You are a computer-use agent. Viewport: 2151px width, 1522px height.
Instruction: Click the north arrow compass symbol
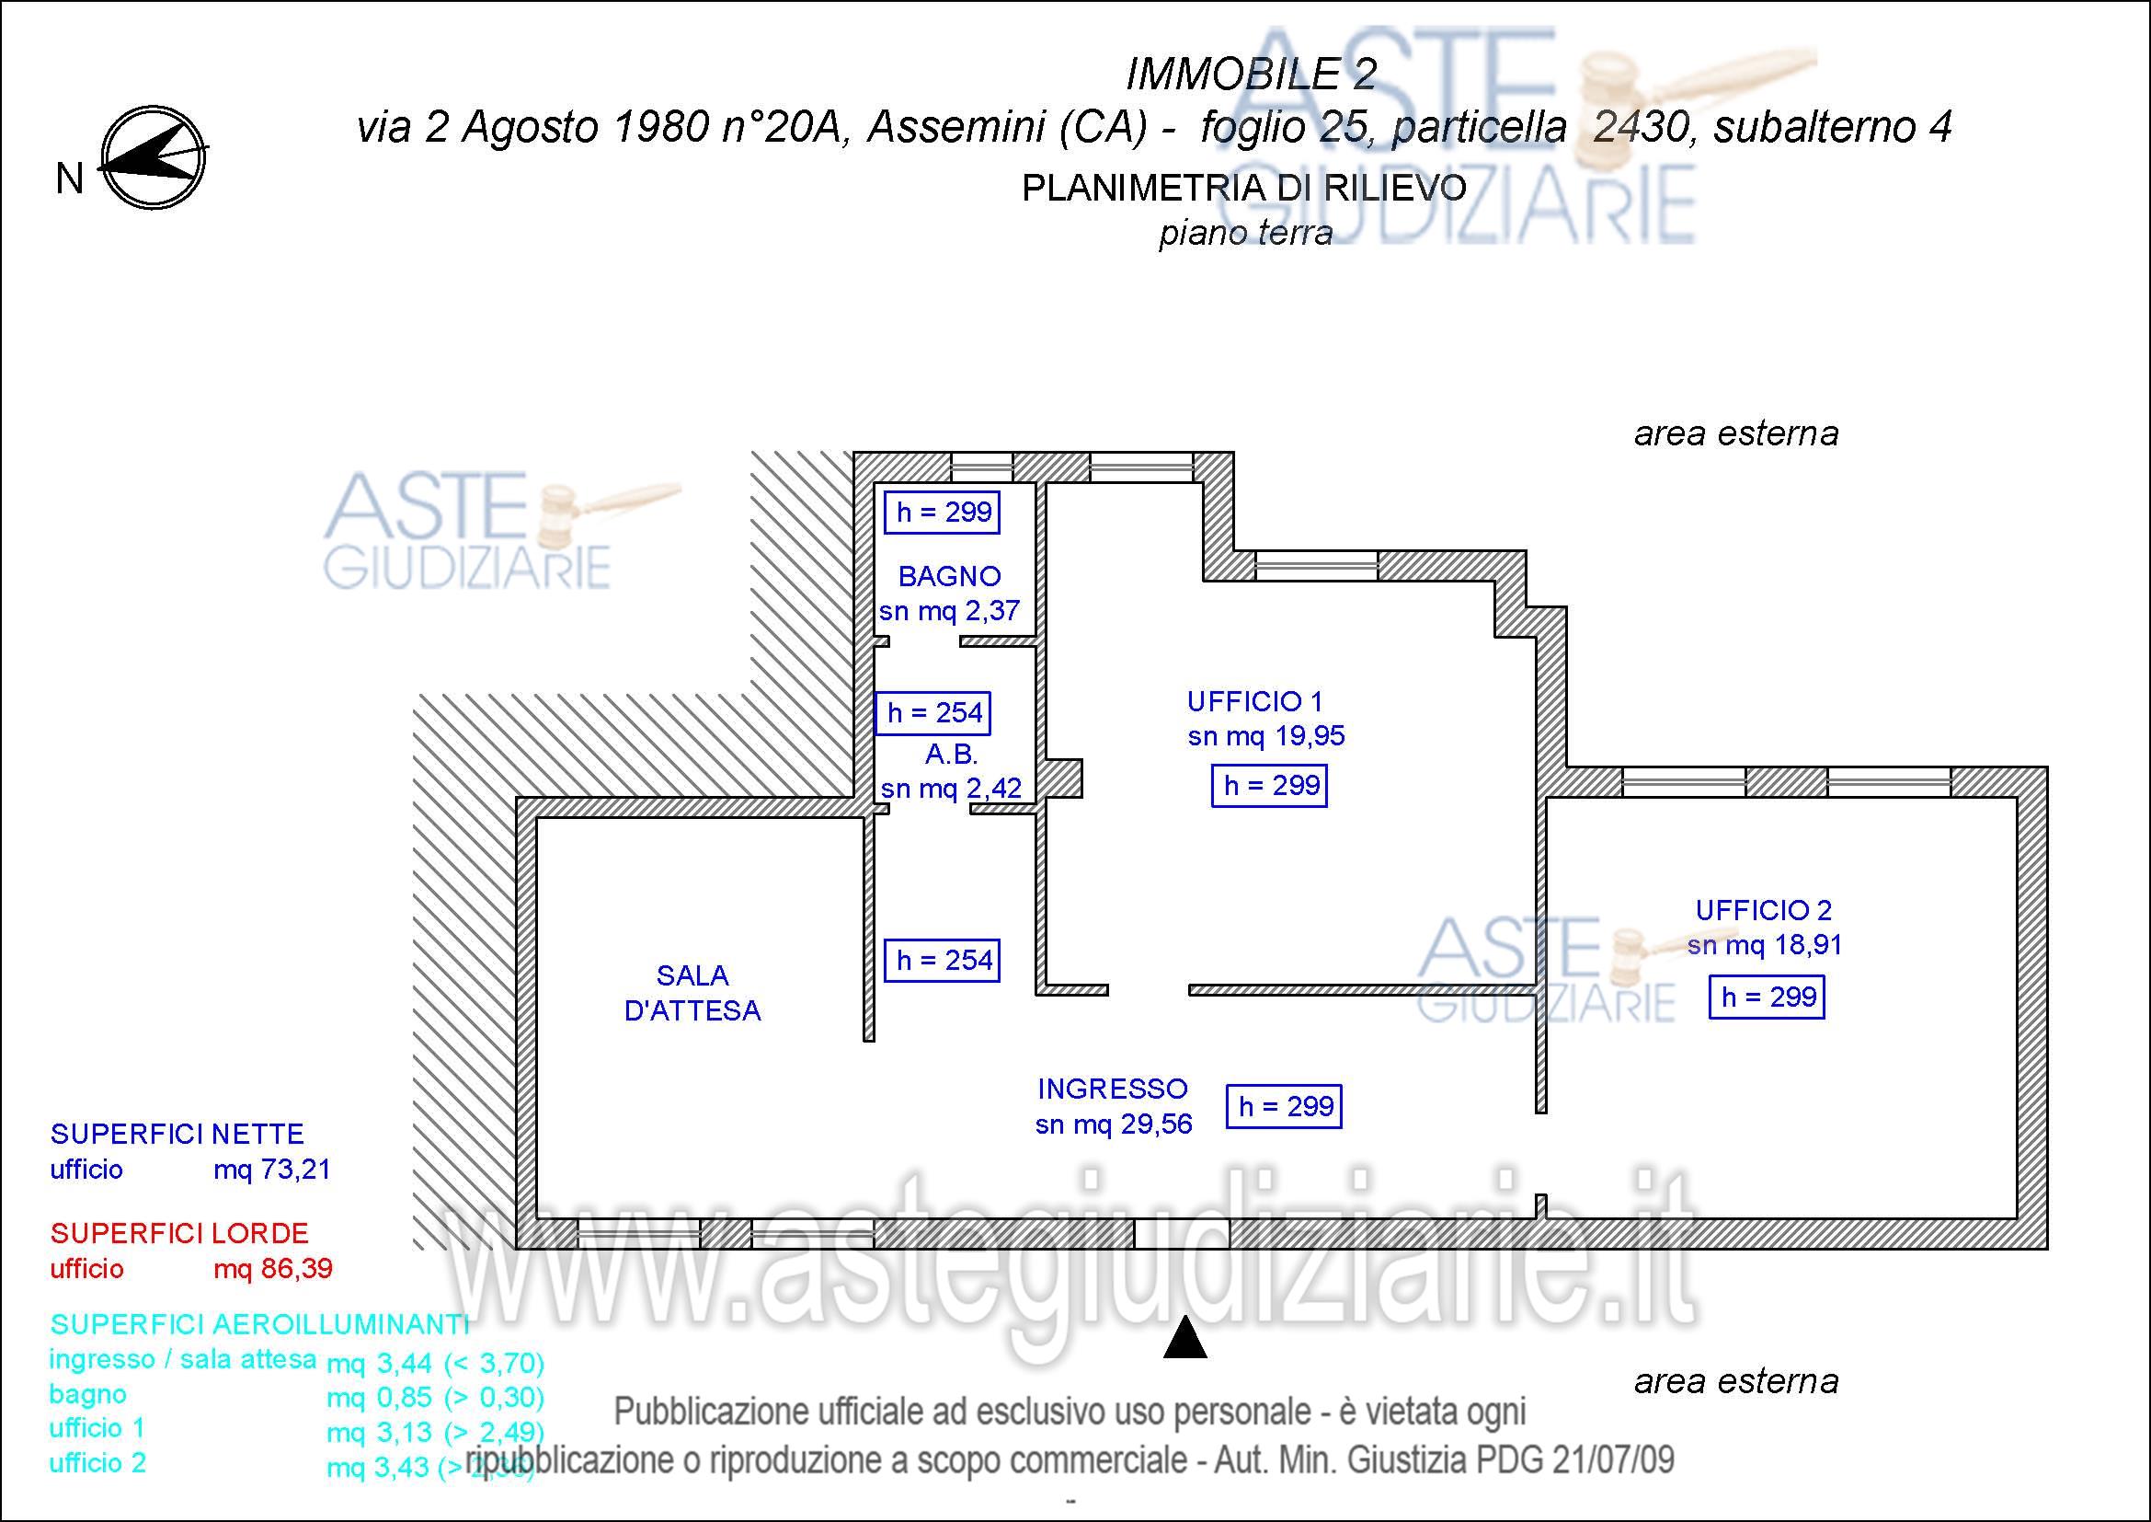tap(153, 157)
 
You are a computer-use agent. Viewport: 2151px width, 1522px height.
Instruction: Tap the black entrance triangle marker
tap(1184, 1337)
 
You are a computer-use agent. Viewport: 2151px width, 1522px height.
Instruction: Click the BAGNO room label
tap(949, 575)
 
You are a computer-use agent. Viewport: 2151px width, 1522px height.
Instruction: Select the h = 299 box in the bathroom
tap(943, 513)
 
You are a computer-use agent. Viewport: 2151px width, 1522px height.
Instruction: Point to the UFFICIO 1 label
tap(1253, 701)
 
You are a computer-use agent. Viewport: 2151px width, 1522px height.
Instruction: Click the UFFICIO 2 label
tap(1763, 910)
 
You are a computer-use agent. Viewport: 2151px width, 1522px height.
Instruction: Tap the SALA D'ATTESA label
tap(692, 994)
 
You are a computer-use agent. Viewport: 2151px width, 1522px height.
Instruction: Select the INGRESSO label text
tap(1112, 1089)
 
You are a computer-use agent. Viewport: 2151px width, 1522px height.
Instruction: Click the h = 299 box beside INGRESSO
tap(1285, 1107)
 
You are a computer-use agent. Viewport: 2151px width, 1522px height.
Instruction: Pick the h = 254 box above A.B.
tap(933, 713)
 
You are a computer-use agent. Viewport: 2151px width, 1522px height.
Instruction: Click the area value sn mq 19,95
tap(1265, 737)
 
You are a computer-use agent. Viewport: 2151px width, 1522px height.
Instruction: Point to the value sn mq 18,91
tap(1764, 946)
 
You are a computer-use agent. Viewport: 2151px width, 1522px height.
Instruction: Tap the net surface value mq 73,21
tap(271, 1170)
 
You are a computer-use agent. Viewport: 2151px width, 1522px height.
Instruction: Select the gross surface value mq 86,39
tap(272, 1269)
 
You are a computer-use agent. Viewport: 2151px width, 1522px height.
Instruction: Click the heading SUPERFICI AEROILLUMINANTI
tap(259, 1324)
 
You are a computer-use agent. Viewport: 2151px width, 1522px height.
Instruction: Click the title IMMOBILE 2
tap(1251, 75)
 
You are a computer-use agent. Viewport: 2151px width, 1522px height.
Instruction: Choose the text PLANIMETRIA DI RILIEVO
tap(1244, 189)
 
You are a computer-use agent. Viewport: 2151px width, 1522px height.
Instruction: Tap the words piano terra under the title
tap(1245, 233)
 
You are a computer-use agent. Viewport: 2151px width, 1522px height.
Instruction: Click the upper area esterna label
tap(1736, 434)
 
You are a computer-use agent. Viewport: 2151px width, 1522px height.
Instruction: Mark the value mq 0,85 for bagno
tap(379, 1398)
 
